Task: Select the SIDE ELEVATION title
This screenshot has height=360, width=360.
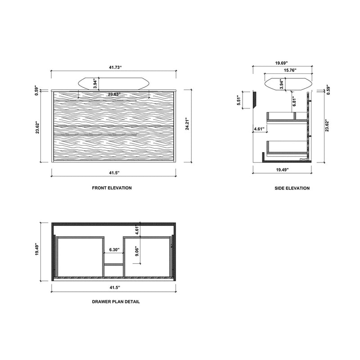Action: [x=292, y=188]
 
